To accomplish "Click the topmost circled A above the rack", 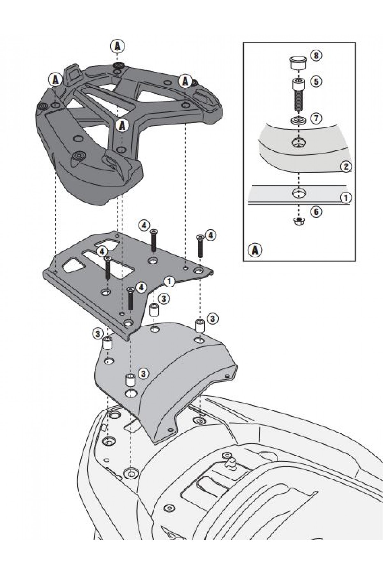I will pyautogui.click(x=117, y=47).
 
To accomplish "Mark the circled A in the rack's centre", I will pyautogui.click(x=122, y=126).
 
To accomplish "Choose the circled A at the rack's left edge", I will pyautogui.click(x=55, y=80).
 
